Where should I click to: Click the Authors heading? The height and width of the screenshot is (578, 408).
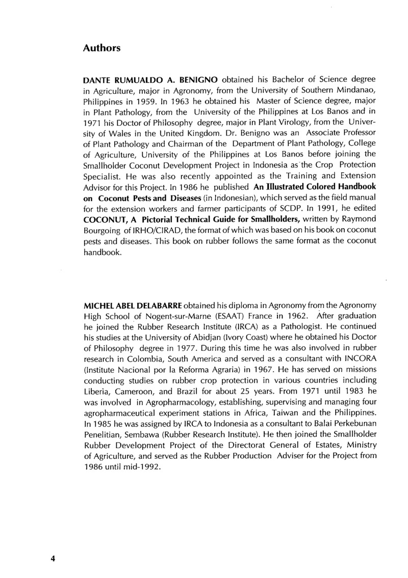102,48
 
